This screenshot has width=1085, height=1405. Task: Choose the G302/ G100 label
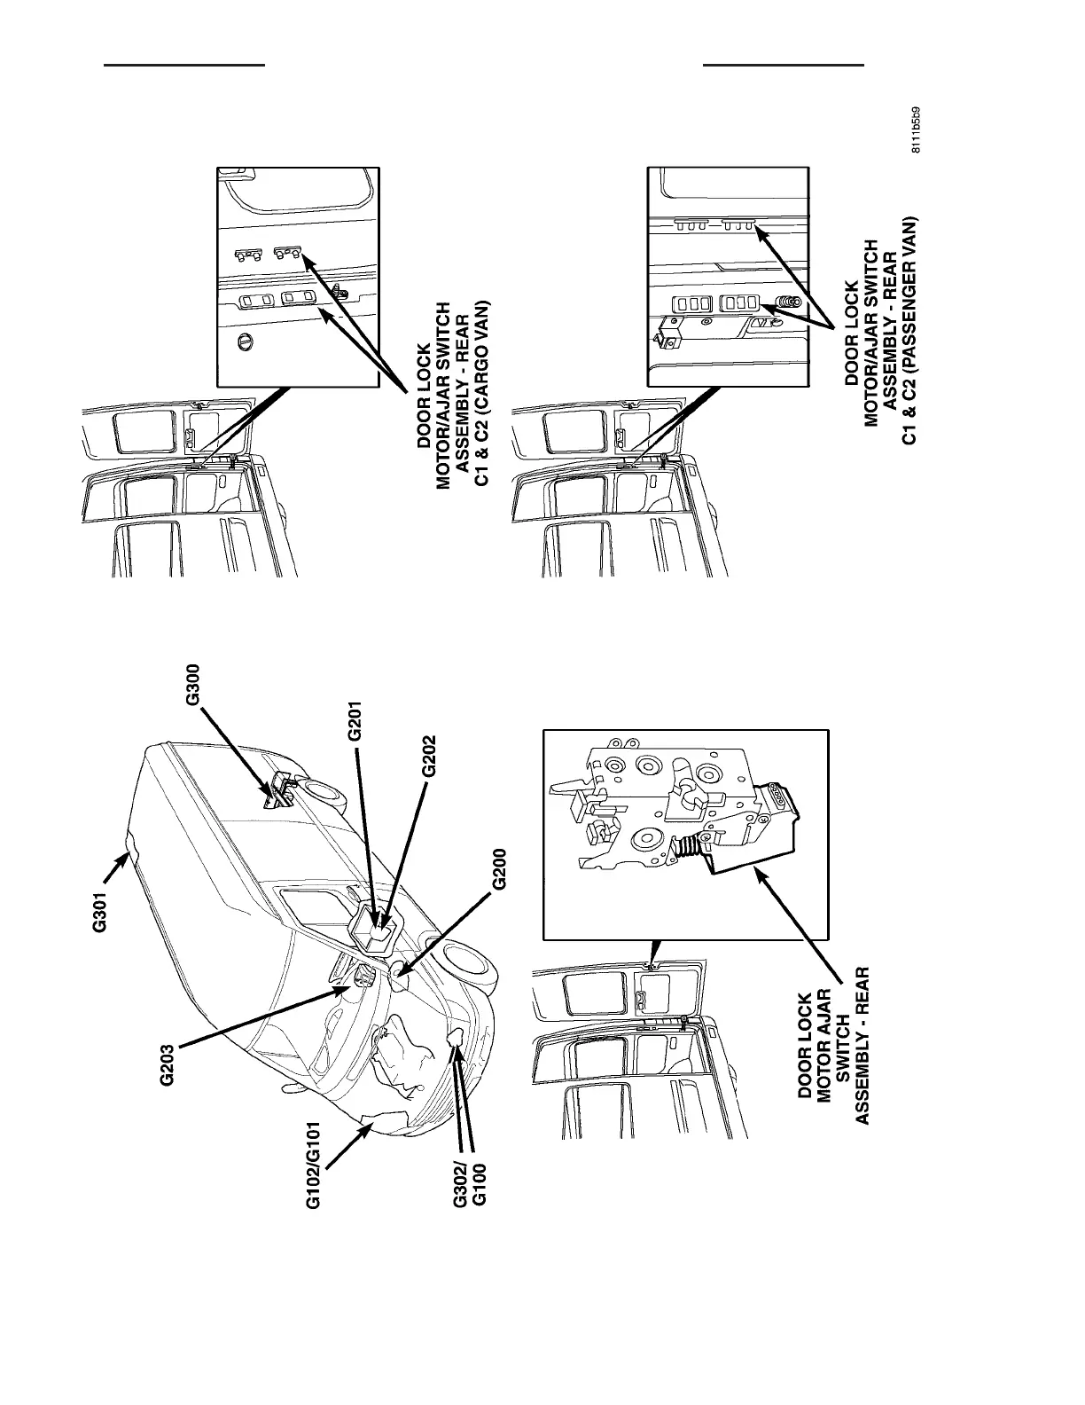click(470, 1183)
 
